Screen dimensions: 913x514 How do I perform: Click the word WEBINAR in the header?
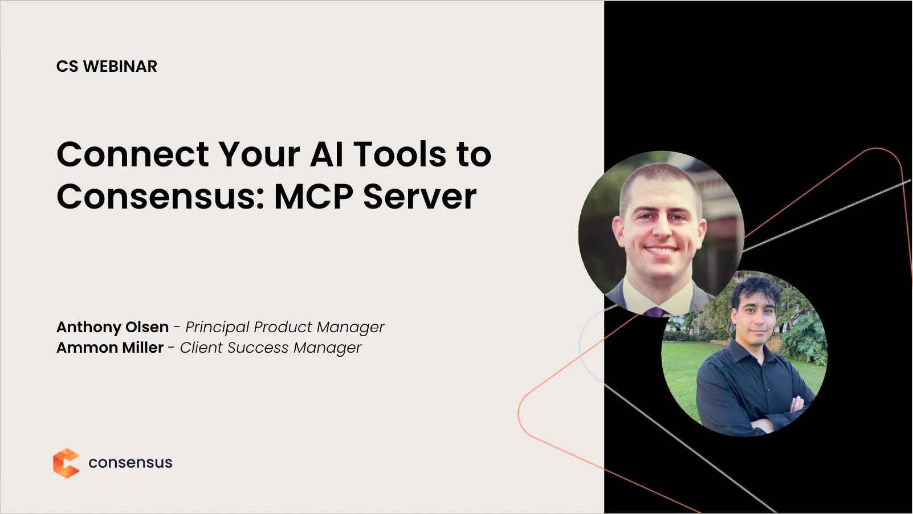120,67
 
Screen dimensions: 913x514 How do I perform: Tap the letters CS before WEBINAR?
67,67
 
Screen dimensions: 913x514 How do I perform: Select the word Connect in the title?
133,154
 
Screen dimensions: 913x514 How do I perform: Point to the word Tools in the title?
400,154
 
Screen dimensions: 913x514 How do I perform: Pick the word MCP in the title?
313,197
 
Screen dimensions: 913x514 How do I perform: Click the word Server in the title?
420,197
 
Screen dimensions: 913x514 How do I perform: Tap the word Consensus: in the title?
161,197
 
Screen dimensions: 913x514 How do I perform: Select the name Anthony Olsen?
112,327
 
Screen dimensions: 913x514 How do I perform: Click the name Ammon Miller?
110,348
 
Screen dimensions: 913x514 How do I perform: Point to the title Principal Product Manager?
285,327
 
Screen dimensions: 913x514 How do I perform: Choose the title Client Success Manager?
271,348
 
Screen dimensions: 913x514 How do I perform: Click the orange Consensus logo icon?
66,463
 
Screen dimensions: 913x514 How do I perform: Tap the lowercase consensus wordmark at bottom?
131,463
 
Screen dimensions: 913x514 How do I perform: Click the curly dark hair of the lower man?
756,290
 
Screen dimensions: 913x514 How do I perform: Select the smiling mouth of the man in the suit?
661,250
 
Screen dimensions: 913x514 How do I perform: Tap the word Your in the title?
259,154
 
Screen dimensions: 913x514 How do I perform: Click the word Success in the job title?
258,348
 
